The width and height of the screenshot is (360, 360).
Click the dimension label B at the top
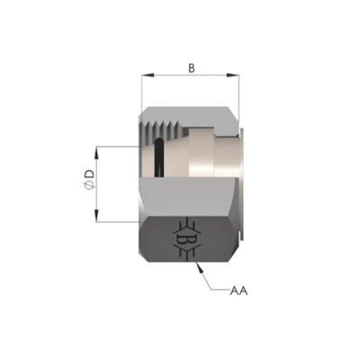point(192,68)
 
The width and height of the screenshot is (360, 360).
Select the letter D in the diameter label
point(90,174)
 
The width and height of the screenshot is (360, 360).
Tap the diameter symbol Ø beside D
point(90,186)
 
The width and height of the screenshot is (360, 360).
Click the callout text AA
point(238,291)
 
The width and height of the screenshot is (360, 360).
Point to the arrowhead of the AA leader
point(200,267)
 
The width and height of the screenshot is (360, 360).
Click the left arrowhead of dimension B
point(148,75)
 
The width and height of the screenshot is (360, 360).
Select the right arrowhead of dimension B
point(233,75)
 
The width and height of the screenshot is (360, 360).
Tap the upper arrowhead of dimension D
point(96,152)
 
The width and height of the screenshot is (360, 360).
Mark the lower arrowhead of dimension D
point(96,216)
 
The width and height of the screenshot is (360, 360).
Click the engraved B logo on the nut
point(186,238)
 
